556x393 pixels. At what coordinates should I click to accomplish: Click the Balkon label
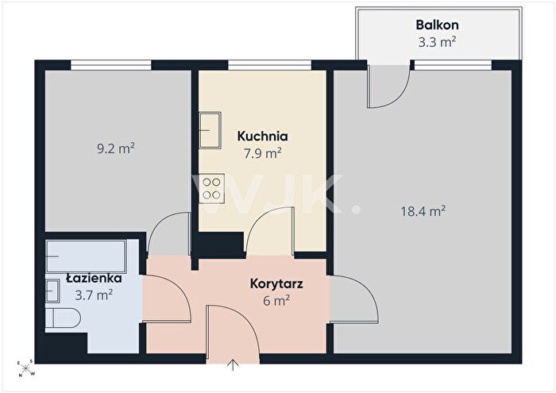pos(437,25)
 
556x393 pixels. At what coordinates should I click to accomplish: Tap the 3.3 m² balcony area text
pos(437,42)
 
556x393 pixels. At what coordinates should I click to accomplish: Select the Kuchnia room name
pos(262,136)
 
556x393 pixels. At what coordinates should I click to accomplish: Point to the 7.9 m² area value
pos(263,153)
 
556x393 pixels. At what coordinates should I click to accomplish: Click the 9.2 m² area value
pos(116,148)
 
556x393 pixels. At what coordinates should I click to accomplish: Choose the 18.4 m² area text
pos(423,211)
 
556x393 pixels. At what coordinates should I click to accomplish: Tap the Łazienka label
pos(94,278)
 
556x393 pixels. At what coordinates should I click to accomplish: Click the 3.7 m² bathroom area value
pos(94,295)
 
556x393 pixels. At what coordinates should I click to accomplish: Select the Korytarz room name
pos(276,284)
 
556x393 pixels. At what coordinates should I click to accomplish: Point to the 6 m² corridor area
pos(276,301)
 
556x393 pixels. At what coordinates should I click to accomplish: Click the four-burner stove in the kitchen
pos(212,188)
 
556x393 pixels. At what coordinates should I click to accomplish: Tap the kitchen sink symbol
pos(210,129)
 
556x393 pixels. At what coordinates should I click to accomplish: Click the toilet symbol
pos(63,318)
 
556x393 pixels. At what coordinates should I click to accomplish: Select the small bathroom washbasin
pos(52,291)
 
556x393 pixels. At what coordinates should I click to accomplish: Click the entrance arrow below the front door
pos(233,365)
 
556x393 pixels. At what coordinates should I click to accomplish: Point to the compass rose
pos(26,368)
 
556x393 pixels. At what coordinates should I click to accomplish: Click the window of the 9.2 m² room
pos(111,65)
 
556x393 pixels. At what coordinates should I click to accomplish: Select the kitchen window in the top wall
pos(269,65)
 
